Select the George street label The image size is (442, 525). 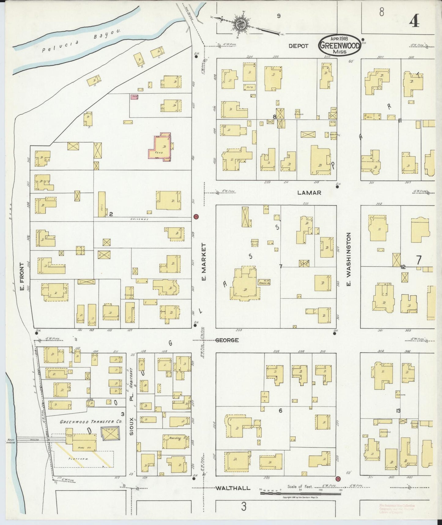227,340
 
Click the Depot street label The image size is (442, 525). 299,46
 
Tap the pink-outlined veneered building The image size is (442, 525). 160,147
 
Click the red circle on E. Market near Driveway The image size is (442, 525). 196,217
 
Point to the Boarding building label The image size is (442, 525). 175,438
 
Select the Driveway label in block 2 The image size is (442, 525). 137,219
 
